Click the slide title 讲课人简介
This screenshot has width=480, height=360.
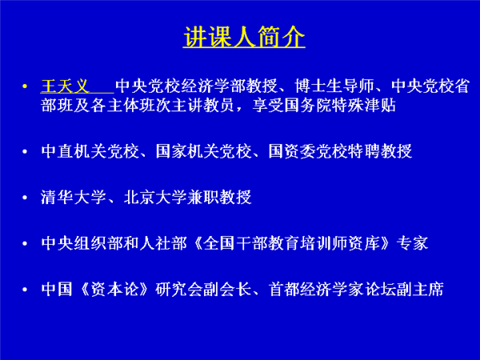244,36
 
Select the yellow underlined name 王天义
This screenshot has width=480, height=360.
65,86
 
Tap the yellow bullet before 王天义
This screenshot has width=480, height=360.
25,86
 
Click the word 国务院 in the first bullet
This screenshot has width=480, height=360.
308,105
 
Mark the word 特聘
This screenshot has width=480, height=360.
364,151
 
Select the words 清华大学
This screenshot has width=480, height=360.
73,197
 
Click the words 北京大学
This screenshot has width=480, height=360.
155,197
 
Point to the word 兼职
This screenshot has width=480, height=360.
203,197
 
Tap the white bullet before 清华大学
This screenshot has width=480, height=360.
25,198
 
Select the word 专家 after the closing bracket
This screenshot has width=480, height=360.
412,243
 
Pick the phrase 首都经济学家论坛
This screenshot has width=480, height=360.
332,290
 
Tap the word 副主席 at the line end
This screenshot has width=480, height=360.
420,290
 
